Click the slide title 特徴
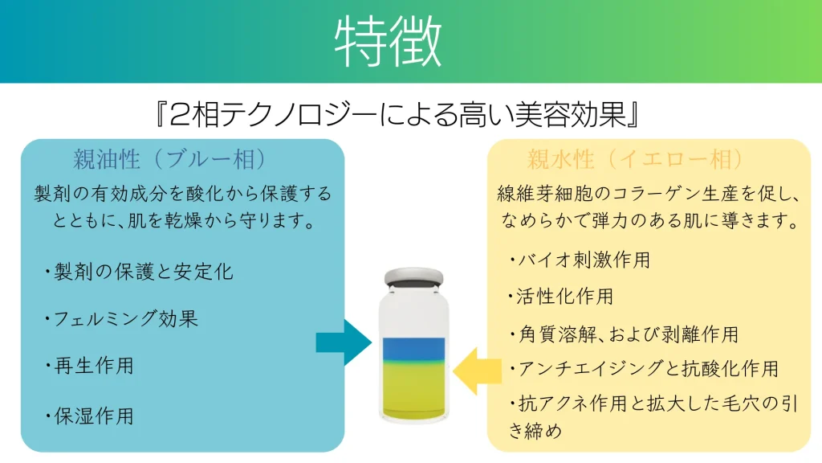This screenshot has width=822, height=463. point(388,41)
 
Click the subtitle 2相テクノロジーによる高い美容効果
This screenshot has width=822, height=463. point(397,114)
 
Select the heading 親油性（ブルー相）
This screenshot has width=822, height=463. point(170,159)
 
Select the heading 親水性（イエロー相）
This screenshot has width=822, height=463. point(635,159)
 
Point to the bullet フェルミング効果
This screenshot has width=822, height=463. point(121,318)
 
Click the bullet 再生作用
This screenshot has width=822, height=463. point(89,366)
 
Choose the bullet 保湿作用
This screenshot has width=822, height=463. point(89,416)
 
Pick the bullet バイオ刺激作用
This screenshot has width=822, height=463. point(580,260)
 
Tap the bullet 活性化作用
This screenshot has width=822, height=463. point(560,297)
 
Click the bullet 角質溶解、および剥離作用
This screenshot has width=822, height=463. point(624,334)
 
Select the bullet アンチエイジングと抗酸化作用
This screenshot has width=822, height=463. point(644,368)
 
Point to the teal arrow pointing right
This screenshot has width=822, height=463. point(344,342)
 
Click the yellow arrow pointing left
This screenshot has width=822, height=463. point(477,371)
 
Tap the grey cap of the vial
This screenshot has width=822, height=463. point(413,277)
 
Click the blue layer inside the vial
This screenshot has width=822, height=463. point(413,349)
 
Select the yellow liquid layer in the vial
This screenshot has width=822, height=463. point(413,389)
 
